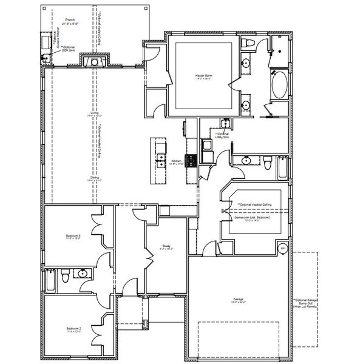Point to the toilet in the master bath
tap(248, 44)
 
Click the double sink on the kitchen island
tap(161, 161)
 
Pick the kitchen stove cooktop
tap(190, 161)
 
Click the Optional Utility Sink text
tap(222, 135)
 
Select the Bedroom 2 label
tap(73, 330)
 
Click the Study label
tap(166, 247)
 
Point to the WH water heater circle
tap(282, 248)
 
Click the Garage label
tap(237, 300)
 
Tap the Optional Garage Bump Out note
tap(305, 303)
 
